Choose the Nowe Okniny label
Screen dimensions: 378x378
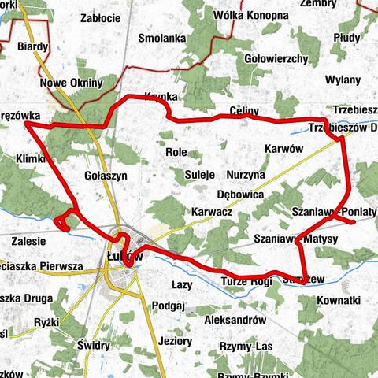coord(71,83)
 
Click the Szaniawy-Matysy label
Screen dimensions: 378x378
coord(296,238)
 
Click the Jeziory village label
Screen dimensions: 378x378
coord(175,342)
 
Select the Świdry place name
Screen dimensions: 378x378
coord(94,345)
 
